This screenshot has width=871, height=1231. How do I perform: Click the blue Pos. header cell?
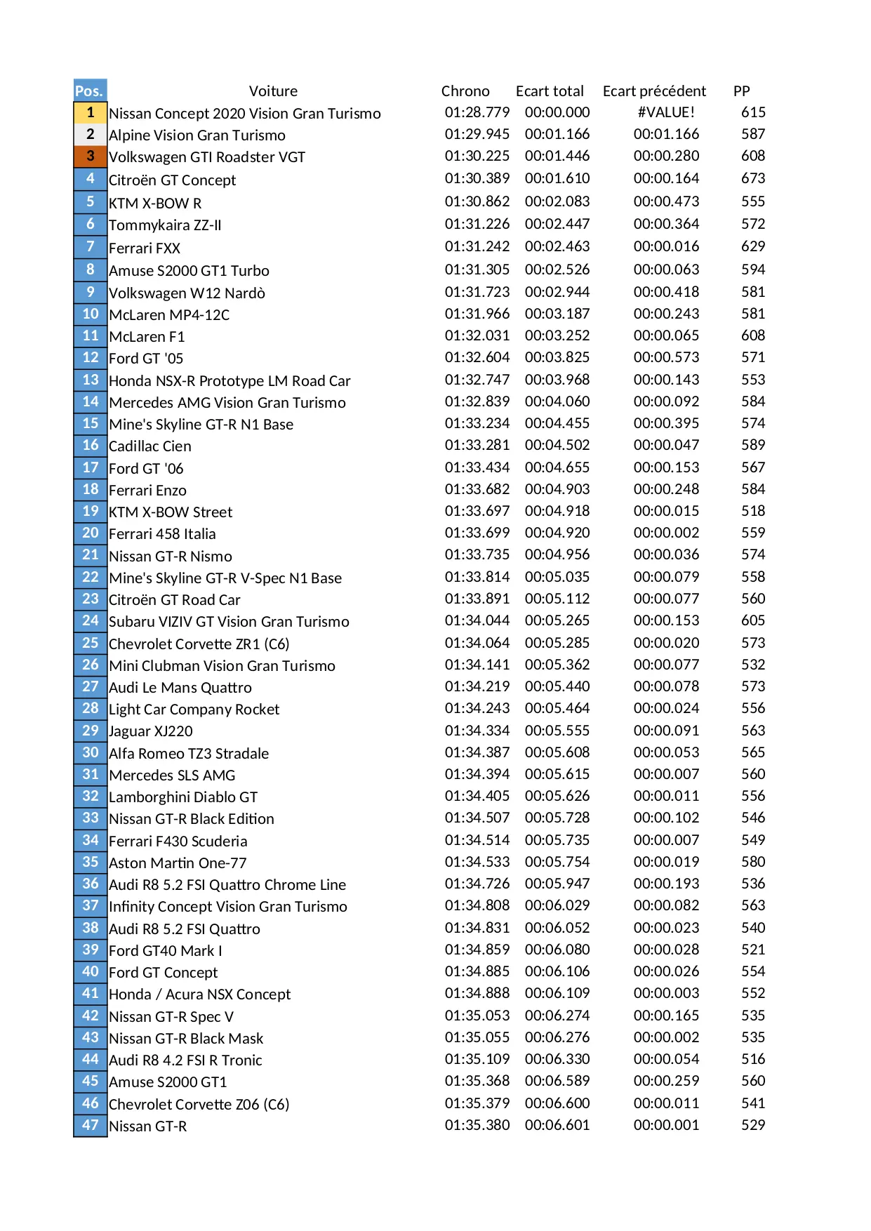[90, 91]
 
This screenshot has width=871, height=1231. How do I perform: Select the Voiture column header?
[273, 91]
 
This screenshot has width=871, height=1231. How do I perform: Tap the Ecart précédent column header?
[654, 91]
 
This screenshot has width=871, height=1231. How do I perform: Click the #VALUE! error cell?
[666, 112]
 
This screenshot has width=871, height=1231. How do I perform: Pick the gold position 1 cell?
[91, 112]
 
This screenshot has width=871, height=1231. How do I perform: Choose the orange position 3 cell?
[91, 156]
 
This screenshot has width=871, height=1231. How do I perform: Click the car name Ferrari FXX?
[145, 248]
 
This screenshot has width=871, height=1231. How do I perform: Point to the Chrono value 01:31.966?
[477, 314]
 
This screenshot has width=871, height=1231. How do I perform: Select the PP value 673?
[753, 178]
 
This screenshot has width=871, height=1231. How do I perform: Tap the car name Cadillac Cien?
[150, 446]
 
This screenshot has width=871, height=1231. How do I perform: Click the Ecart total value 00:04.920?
[557, 533]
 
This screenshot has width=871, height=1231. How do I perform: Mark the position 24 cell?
[91, 620]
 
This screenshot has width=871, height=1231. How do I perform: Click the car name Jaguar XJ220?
[151, 731]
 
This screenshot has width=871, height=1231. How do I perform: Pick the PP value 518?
[753, 511]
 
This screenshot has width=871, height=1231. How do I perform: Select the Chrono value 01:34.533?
[477, 862]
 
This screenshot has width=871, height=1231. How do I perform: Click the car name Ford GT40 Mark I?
[166, 951]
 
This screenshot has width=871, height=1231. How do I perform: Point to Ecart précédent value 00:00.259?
[666, 1081]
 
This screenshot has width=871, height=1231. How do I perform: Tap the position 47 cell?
[91, 1125]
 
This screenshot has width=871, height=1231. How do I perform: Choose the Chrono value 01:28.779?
[477, 112]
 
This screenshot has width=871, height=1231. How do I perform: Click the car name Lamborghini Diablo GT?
[183, 797]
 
